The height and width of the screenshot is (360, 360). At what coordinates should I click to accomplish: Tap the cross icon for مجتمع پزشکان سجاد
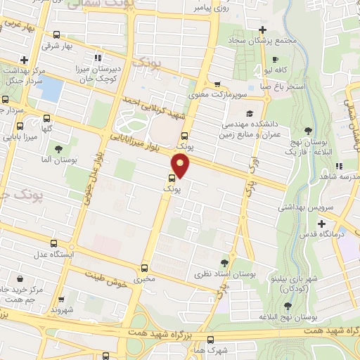point(262,30)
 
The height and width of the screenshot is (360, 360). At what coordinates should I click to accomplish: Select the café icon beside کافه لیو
point(276,59)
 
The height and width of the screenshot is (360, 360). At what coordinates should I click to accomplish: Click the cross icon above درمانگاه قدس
point(321,224)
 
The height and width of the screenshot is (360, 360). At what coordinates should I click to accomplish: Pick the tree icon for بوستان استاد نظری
point(225,262)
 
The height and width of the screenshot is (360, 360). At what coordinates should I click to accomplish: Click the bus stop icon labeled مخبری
point(144,268)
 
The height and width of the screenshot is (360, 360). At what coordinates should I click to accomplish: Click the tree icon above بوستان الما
point(58,149)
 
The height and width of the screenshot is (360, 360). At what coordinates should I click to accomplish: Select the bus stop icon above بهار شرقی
point(59,34)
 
